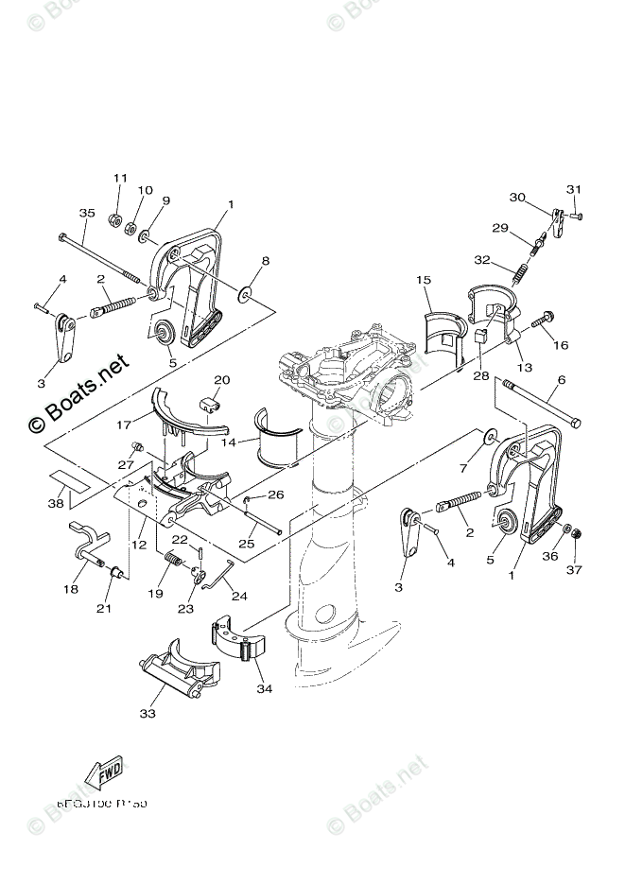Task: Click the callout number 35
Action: pyautogui.click(x=87, y=214)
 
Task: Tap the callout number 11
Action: pyautogui.click(x=120, y=179)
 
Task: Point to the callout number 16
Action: pyautogui.click(x=561, y=345)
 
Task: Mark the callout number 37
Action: pyautogui.click(x=574, y=570)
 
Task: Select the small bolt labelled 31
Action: pyautogui.click(x=578, y=217)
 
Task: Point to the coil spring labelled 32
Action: pyautogui.click(x=518, y=277)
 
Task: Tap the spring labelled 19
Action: pyautogui.click(x=175, y=561)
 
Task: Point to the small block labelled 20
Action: pyautogui.click(x=213, y=406)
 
